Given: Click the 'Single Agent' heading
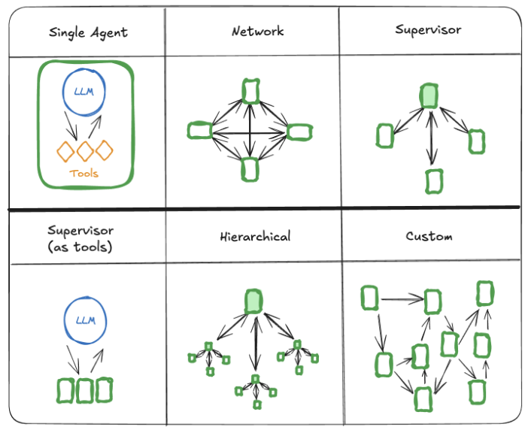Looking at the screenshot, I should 88,32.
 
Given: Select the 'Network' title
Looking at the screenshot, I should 257,31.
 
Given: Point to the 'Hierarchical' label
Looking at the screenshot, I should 256,236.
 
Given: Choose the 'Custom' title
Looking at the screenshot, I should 429,236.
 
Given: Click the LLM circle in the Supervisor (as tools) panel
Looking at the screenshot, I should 85,320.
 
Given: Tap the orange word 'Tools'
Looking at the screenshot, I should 83,174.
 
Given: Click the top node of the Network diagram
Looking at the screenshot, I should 250,91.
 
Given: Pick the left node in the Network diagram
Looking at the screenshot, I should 199,131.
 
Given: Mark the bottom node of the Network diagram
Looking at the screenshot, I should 250,170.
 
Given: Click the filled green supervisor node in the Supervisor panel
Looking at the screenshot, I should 429,95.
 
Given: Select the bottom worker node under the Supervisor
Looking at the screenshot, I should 433,180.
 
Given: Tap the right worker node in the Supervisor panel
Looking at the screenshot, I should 476,141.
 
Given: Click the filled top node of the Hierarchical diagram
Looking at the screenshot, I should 253,301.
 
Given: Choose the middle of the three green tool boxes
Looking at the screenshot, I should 84,389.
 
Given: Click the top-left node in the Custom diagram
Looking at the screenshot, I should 369,298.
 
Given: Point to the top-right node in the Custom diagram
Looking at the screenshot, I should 485,292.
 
